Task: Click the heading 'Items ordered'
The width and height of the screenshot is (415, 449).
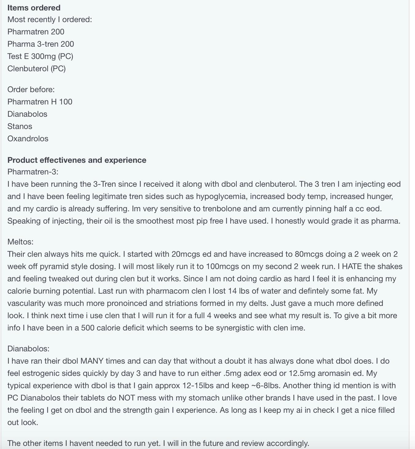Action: pyautogui.click(x=34, y=8)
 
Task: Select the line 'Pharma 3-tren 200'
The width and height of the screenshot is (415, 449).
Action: pyautogui.click(x=41, y=44)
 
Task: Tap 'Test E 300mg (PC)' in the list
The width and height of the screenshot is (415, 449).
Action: pyautogui.click(x=40, y=56)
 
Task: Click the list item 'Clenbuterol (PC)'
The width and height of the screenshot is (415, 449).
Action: pyautogui.click(x=37, y=68)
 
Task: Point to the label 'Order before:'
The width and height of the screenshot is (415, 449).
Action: pyautogui.click(x=31, y=89)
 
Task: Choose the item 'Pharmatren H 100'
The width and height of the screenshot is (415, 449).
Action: pyautogui.click(x=40, y=102)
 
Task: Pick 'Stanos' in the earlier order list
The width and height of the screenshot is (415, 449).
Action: pyautogui.click(x=20, y=126)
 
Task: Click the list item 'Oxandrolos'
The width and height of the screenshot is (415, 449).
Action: pyautogui.click(x=28, y=139)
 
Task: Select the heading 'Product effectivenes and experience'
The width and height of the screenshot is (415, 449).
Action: pyautogui.click(x=77, y=160)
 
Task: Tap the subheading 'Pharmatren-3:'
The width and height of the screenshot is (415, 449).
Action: pyautogui.click(x=33, y=172)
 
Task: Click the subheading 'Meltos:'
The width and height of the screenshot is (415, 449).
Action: pyautogui.click(x=20, y=242)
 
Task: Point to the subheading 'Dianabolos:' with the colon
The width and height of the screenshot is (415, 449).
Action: pyautogui.click(x=28, y=349)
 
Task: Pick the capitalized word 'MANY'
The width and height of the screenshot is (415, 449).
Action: pyautogui.click(x=92, y=361)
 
